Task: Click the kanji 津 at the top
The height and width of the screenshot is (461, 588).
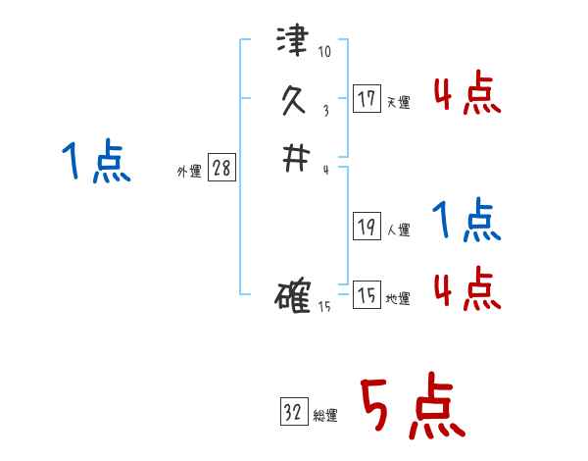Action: click(x=293, y=43)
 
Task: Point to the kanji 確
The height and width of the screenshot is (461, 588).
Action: click(x=293, y=295)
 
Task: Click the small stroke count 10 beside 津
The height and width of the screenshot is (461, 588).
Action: click(x=324, y=51)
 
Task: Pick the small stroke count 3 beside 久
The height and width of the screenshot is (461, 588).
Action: click(x=324, y=111)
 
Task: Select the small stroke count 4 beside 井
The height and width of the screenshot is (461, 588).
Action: click(x=324, y=170)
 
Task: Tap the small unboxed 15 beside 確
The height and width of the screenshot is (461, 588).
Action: click(x=324, y=307)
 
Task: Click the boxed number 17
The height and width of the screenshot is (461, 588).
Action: click(x=367, y=98)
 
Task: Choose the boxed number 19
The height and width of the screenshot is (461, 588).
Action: click(x=367, y=227)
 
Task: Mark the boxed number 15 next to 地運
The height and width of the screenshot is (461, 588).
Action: click(x=367, y=295)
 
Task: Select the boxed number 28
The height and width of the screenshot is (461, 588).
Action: click(x=221, y=169)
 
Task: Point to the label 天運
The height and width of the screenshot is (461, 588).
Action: click(x=398, y=102)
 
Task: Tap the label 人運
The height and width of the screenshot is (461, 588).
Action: click(x=398, y=230)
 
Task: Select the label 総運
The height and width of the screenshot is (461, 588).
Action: click(x=325, y=416)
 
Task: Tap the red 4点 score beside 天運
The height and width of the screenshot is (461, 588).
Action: click(x=466, y=96)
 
